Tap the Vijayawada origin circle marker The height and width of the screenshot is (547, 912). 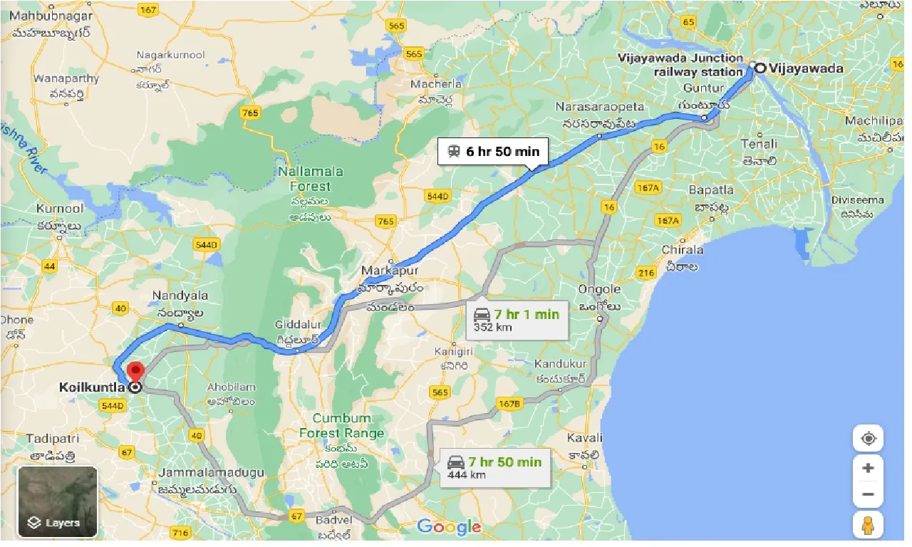point(760,68)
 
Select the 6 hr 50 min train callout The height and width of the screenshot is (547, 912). point(493,151)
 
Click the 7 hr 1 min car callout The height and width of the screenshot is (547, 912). point(517,321)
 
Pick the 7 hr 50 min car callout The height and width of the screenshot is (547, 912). point(495,468)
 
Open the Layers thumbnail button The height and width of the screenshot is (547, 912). point(57,501)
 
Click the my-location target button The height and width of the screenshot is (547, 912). point(868,438)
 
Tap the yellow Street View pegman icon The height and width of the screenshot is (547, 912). point(868,526)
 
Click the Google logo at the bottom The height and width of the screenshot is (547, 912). point(449,527)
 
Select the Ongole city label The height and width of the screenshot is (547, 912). point(598,289)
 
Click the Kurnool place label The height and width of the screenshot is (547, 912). point(60,209)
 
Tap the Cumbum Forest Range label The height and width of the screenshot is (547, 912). point(341,425)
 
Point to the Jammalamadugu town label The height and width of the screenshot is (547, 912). point(212,472)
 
